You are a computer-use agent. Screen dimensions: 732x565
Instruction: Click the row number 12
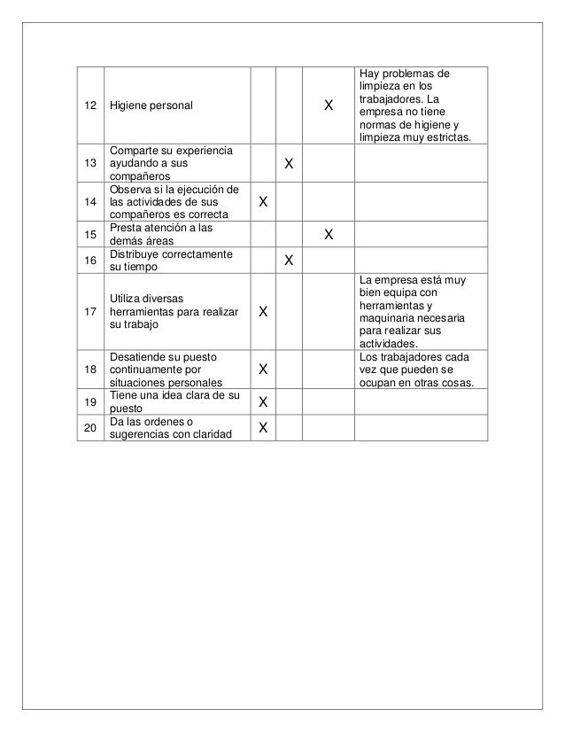tap(89, 105)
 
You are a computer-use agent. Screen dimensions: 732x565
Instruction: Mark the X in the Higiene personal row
tap(329, 105)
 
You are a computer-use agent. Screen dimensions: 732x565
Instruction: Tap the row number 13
tap(89, 164)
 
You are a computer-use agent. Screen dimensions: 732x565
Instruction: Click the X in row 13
tap(289, 165)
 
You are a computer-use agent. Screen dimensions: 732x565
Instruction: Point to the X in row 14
tap(263, 203)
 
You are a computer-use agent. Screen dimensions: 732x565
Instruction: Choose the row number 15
tap(89, 234)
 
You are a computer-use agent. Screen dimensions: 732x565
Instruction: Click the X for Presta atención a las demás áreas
tap(329, 235)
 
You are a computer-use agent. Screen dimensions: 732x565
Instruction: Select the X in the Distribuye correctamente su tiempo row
tap(289, 261)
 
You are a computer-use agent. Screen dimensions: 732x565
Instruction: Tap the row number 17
tap(89, 312)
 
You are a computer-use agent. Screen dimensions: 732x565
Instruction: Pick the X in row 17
tap(263, 313)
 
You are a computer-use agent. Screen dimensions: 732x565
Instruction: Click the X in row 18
tap(263, 369)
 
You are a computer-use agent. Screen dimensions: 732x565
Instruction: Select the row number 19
tap(89, 401)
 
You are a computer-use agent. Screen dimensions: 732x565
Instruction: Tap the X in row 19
tap(263, 402)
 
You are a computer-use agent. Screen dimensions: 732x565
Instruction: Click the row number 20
tap(89, 428)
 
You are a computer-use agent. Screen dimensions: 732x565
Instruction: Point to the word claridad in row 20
tap(211, 434)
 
